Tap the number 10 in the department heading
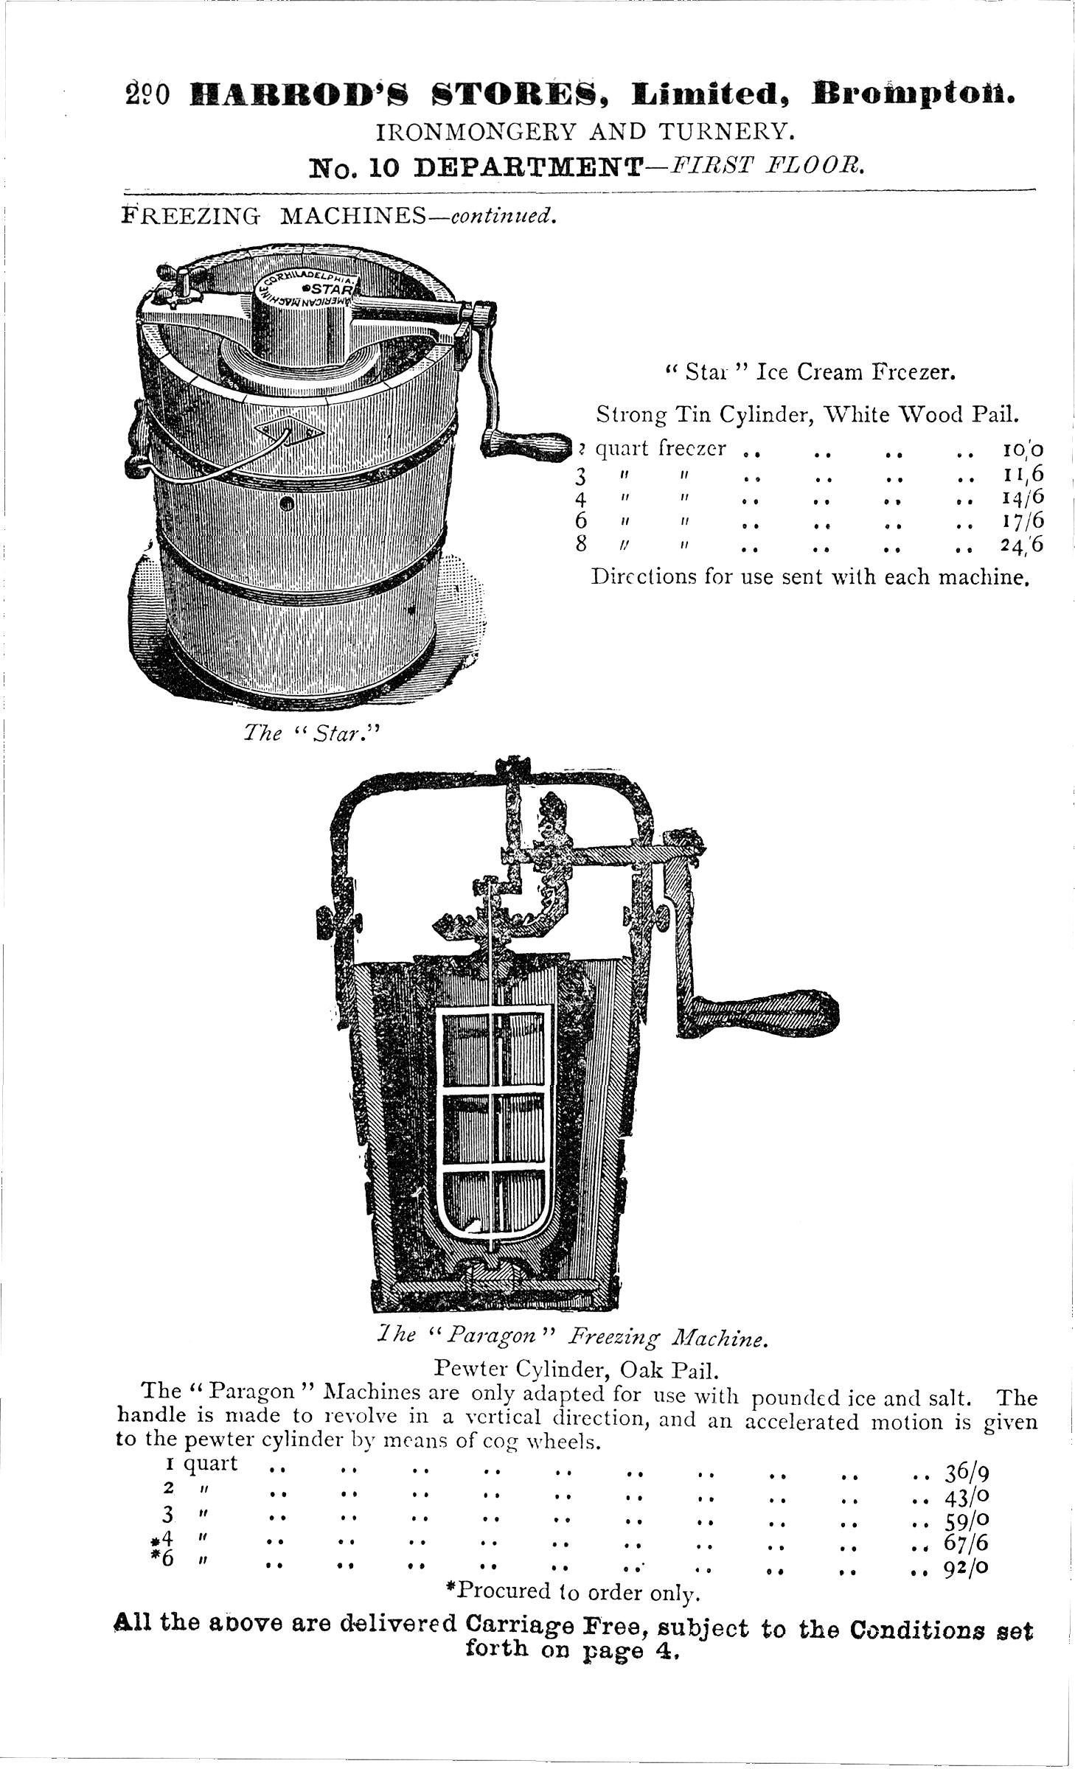[x=383, y=168]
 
